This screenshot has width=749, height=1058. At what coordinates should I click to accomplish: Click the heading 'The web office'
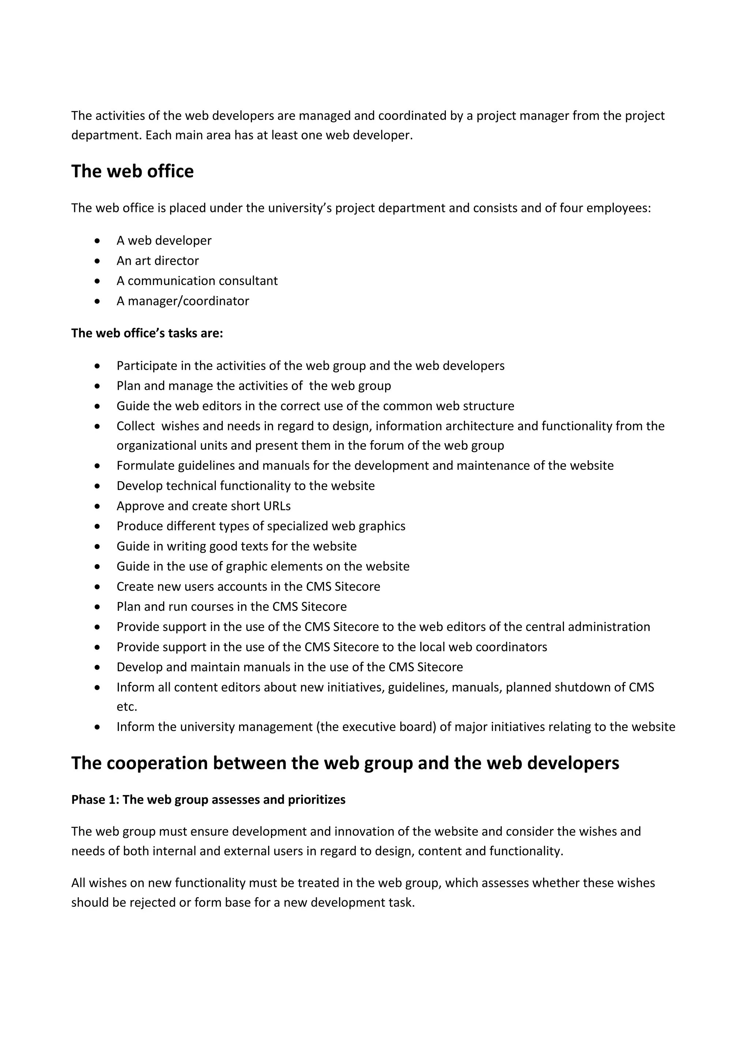click(x=132, y=171)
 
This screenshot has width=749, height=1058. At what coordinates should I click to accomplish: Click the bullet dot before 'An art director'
click(x=97, y=261)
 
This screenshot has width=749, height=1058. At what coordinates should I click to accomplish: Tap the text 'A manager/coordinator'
click(x=182, y=301)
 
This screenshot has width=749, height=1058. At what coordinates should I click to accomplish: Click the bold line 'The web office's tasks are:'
click(x=147, y=333)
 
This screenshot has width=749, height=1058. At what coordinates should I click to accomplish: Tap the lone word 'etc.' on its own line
click(x=127, y=707)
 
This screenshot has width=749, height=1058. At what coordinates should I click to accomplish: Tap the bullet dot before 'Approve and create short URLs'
click(x=97, y=506)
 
